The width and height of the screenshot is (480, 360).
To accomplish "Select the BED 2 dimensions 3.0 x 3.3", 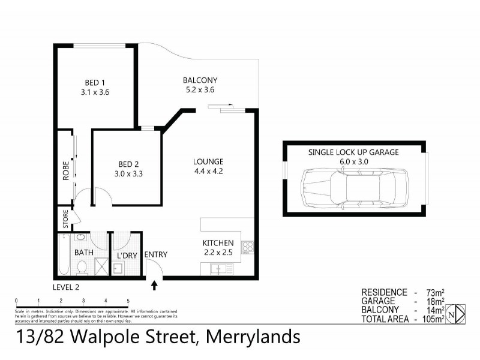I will click(129, 174).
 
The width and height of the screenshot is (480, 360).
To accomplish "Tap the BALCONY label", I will click(200, 80).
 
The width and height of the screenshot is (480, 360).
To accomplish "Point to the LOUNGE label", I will click(208, 161).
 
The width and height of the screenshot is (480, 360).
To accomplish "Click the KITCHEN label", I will click(217, 242).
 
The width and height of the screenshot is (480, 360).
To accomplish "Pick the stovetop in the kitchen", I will click(247, 247).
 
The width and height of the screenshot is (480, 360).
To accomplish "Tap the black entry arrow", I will click(154, 286).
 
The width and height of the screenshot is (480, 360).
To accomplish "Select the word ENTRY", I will click(156, 255).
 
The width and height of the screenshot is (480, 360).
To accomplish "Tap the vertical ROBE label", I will click(66, 170).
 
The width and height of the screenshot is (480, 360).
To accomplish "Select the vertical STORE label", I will click(65, 220).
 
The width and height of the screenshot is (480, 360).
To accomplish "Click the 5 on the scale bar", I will click(128, 301).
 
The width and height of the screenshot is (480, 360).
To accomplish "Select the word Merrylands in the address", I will click(253, 337).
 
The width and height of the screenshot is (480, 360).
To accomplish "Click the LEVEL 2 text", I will click(66, 287).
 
